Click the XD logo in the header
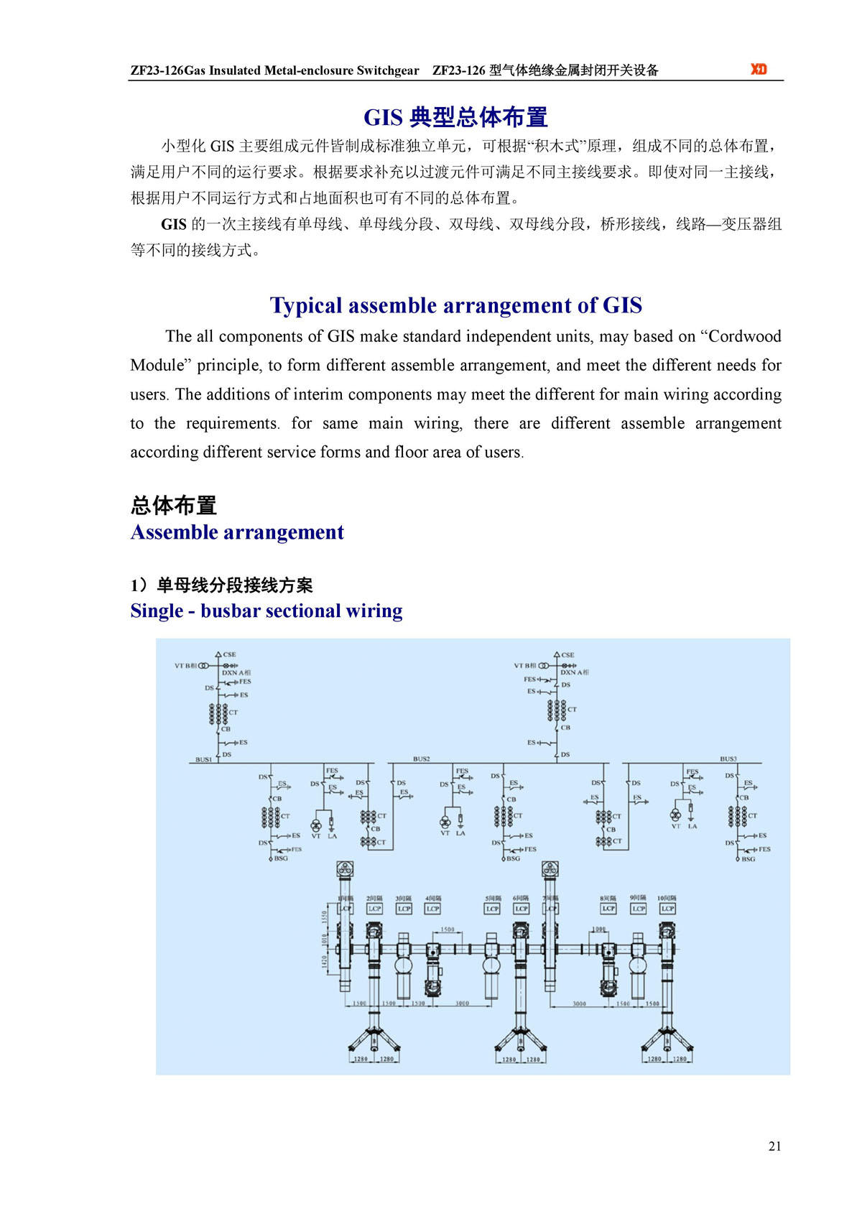(759, 69)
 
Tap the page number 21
(774, 1146)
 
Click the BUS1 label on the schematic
(204, 759)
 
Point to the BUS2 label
(422, 759)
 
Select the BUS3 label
(728, 759)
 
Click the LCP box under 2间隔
(374, 909)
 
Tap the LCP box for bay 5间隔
(492, 909)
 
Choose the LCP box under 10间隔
(667, 909)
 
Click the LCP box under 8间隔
(608, 909)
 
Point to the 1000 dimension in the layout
(598, 930)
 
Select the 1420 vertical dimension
(324, 960)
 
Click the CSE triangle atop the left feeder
(218, 654)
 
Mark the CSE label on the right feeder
(567, 655)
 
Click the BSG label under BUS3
(749, 859)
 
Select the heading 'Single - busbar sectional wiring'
(267, 611)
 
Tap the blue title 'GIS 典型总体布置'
(455, 117)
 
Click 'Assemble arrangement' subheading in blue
(237, 532)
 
